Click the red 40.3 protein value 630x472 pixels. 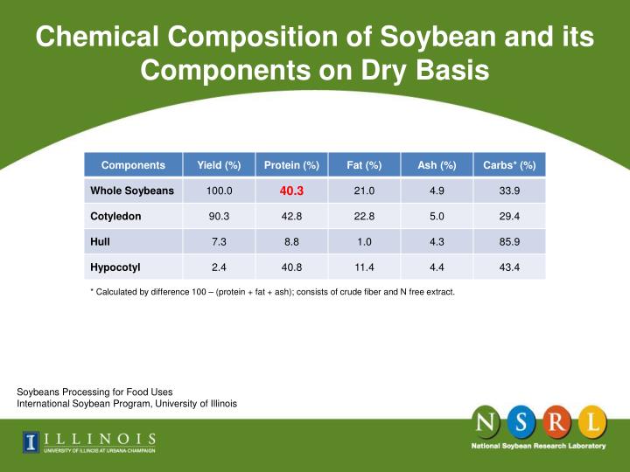pos(291,191)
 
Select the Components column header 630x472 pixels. pos(133,165)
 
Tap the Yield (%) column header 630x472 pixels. pos(219,165)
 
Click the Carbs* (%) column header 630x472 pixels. pos(509,165)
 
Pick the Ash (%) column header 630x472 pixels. pos(437,165)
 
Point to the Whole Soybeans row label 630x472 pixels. pos(132,191)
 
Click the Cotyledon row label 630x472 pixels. pos(115,216)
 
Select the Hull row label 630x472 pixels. pos(100,241)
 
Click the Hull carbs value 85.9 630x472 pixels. pos(509,241)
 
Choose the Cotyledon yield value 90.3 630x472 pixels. pos(219,216)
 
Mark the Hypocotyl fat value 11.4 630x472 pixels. pos(364,267)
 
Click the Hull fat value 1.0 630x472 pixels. pos(364,241)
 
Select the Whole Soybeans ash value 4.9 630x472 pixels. pos(437,191)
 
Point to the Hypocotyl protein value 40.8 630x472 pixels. pos(291,267)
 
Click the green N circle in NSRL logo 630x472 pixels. pos(487,423)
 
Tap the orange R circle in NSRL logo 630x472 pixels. pos(557,423)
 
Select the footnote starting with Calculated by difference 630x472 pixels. pos(272,292)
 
